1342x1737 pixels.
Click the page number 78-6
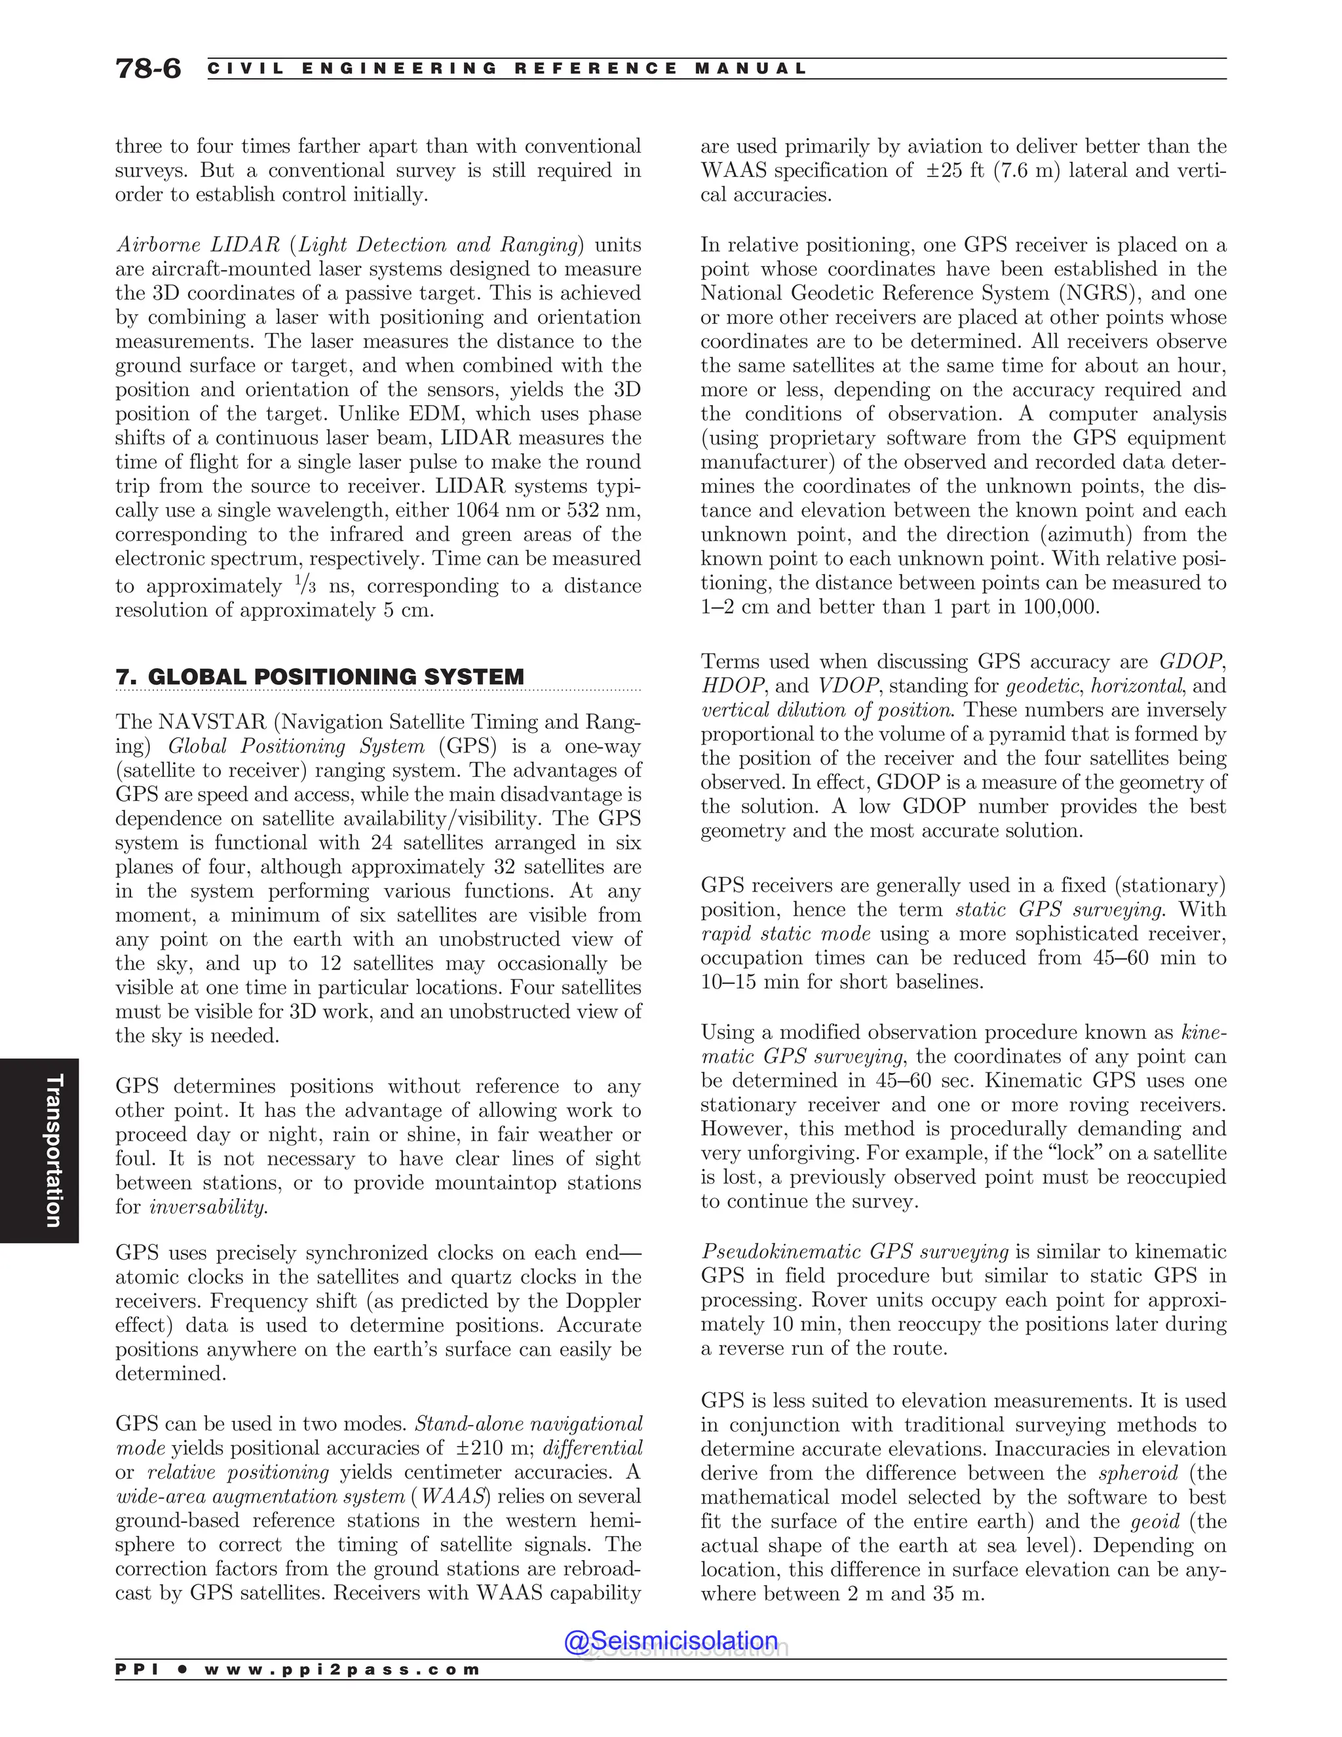coord(148,68)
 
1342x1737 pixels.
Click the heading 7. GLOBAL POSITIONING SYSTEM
coord(320,677)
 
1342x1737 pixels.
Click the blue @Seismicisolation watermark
coord(670,1640)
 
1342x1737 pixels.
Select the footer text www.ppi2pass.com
coord(342,1669)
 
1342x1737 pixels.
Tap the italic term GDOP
coord(1190,662)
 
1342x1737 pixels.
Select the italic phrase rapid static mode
coord(786,933)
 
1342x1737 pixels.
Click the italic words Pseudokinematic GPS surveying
coord(854,1252)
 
